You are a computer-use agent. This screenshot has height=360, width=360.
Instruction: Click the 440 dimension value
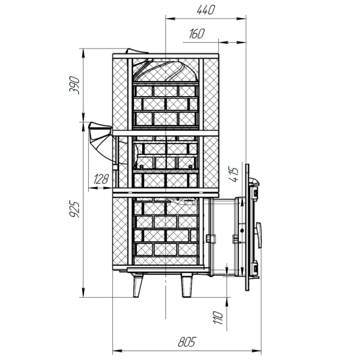coord(206,10)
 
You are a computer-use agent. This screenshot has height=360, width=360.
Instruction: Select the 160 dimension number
coord(197,34)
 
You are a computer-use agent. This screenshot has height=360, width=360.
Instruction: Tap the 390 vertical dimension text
coord(74,85)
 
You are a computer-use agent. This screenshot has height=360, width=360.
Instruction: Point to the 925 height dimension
coord(74,209)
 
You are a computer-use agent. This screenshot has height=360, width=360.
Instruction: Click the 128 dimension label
coord(101,179)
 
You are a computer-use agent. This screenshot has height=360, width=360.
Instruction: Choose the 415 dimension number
coord(233,175)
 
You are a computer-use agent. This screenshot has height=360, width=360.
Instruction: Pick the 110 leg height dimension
coord(218,318)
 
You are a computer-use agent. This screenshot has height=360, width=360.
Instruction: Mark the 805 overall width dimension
coord(187,342)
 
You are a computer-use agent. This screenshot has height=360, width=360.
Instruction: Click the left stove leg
coord(138,286)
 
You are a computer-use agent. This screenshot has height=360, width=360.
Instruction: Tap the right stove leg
coord(187,286)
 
